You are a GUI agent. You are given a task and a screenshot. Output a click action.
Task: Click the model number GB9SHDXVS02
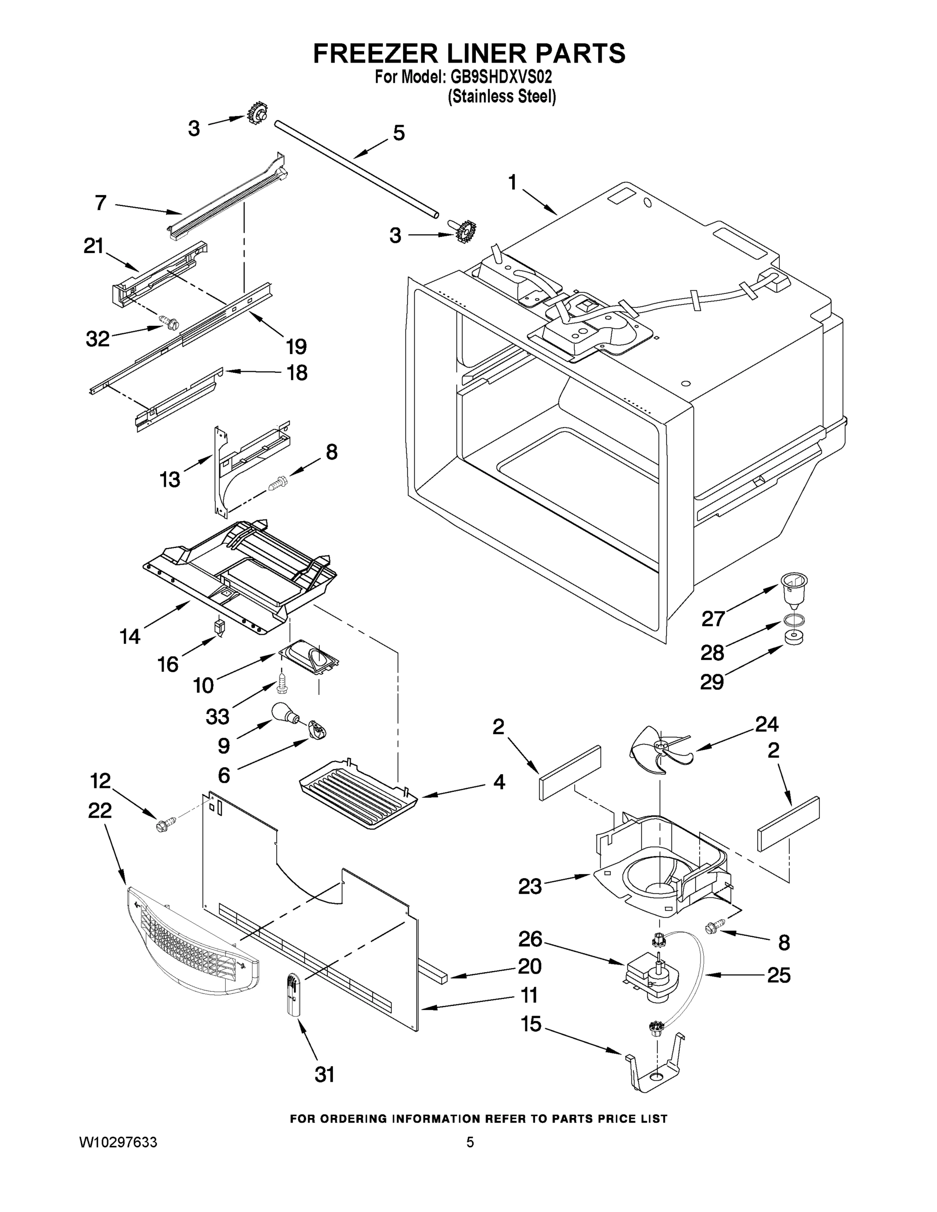(x=499, y=76)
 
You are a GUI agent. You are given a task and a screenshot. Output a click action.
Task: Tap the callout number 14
(x=130, y=636)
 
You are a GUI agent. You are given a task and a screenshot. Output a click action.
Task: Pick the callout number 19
(x=296, y=347)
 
